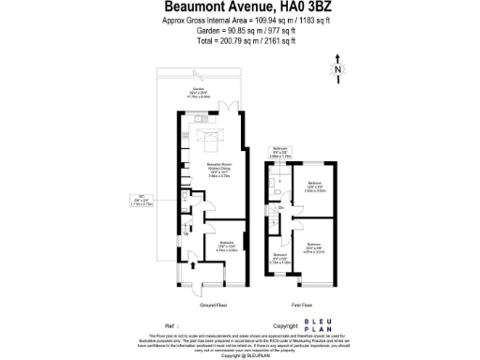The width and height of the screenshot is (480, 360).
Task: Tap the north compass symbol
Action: point(337,68)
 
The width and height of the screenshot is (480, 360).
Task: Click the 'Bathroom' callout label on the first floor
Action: point(281,152)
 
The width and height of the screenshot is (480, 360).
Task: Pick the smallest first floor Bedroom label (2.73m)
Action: point(279,259)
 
